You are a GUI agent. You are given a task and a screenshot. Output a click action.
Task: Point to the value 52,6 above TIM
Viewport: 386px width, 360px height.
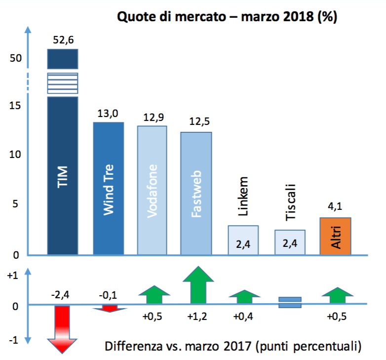[x=63, y=40]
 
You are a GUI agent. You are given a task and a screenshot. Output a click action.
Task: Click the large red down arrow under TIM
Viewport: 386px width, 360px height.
[x=62, y=329]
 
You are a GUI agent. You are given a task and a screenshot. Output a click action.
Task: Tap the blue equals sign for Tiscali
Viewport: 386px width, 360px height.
[x=290, y=302]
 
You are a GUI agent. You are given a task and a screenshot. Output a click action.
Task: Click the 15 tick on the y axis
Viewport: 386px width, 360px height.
[x=17, y=106]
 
